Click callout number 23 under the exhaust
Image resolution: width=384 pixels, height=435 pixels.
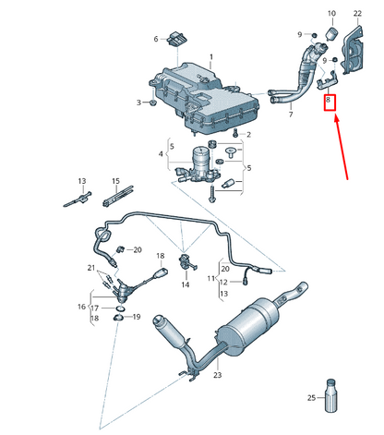[x=218, y=376]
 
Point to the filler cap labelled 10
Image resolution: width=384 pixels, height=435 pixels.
[x=331, y=37]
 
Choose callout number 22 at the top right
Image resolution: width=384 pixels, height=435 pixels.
[x=357, y=14]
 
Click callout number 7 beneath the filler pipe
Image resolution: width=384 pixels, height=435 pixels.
[x=290, y=114]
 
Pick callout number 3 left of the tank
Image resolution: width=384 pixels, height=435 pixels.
[x=139, y=103]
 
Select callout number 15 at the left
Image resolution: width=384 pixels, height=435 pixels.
[x=116, y=181]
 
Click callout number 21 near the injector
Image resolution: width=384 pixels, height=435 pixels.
[x=92, y=268]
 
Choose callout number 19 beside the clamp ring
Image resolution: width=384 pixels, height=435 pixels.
[x=136, y=317]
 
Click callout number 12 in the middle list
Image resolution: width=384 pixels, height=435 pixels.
[x=211, y=278]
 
